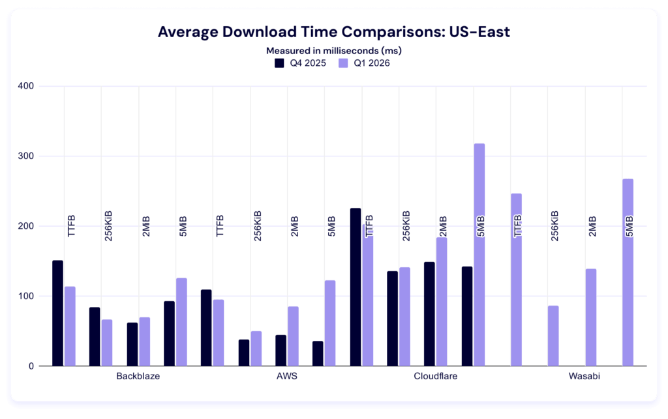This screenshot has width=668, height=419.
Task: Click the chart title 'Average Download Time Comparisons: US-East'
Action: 333,33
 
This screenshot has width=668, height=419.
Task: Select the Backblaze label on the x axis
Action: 138,377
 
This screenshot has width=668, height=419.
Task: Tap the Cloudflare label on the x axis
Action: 436,377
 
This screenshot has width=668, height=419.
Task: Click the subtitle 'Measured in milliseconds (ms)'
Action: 333,50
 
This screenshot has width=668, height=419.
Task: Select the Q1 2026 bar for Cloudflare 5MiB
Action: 479,254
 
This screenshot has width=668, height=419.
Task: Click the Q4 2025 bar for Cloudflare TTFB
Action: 356,287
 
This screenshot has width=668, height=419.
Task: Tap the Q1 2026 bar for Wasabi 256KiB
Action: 553,336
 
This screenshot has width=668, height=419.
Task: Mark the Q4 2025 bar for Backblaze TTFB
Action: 58,313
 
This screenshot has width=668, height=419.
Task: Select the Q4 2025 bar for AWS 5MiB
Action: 318,353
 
